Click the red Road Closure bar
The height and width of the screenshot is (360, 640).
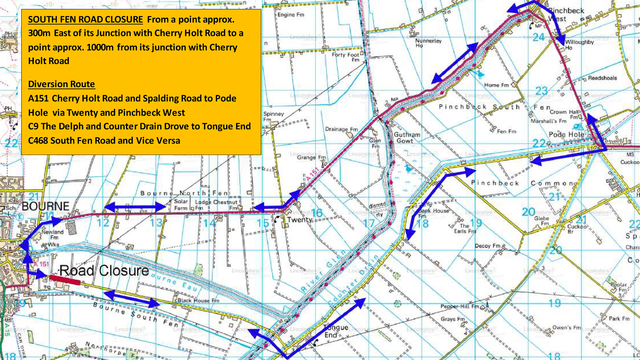(65, 280)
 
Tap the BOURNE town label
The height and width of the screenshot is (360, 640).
(46, 206)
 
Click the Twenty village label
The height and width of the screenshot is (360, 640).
(299, 220)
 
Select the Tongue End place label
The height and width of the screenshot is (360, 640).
(335, 331)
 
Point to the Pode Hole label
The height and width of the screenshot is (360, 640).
(566, 134)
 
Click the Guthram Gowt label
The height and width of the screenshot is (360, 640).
(407, 138)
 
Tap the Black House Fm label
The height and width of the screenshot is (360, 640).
(198, 300)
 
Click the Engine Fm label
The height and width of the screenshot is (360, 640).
(291, 15)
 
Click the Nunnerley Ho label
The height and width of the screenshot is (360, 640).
(428, 43)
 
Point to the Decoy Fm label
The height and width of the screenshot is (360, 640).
(487, 246)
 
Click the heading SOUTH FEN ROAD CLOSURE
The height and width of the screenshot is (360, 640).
(85, 20)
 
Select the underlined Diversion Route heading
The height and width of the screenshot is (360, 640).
(61, 84)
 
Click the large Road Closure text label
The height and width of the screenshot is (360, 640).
(104, 271)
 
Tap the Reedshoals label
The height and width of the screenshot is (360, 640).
(602, 78)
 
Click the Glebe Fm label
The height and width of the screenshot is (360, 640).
(541, 221)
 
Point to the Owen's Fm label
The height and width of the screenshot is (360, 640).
(566, 327)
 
